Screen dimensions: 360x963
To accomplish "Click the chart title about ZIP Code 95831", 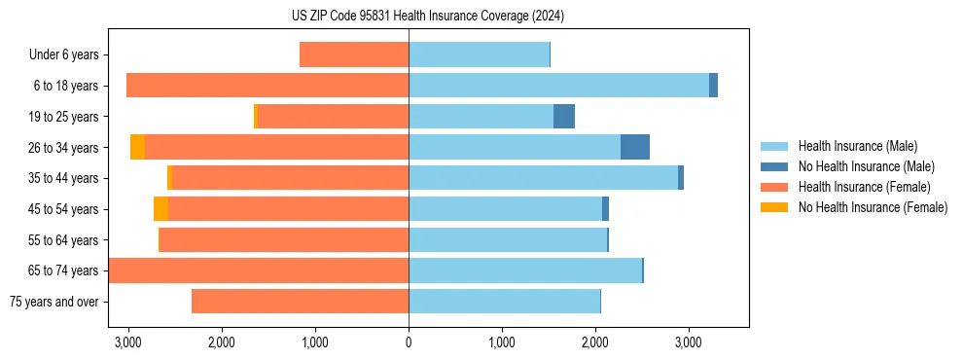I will click(x=428, y=16).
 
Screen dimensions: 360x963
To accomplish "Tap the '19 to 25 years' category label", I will click(x=59, y=117).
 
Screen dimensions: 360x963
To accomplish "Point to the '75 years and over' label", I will click(x=54, y=302).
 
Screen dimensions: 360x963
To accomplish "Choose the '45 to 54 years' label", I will click(x=59, y=209).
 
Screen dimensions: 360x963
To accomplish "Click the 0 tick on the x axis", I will click(x=409, y=342).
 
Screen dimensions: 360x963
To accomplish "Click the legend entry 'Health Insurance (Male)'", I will click(x=857, y=146).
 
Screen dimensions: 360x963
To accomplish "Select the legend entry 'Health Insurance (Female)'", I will click(x=864, y=187).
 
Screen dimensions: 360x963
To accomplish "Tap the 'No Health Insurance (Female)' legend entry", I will click(x=873, y=207).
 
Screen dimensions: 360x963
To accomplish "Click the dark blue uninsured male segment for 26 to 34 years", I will click(x=635, y=147).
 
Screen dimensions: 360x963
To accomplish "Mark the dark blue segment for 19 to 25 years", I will click(x=564, y=117).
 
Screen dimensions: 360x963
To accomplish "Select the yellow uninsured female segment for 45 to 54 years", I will click(x=160, y=209).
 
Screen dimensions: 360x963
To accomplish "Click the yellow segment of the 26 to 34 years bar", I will click(x=137, y=147).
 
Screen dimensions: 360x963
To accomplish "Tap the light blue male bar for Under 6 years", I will click(x=479, y=55).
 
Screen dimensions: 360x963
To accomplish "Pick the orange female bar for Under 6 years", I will click(x=354, y=55).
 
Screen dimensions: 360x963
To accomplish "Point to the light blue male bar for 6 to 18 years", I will click(x=558, y=86).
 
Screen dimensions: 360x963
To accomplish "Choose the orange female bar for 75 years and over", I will click(x=300, y=302).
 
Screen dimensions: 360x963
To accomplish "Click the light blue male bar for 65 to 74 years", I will click(x=525, y=270).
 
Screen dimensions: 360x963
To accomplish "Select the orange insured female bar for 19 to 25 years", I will click(x=333, y=117).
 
